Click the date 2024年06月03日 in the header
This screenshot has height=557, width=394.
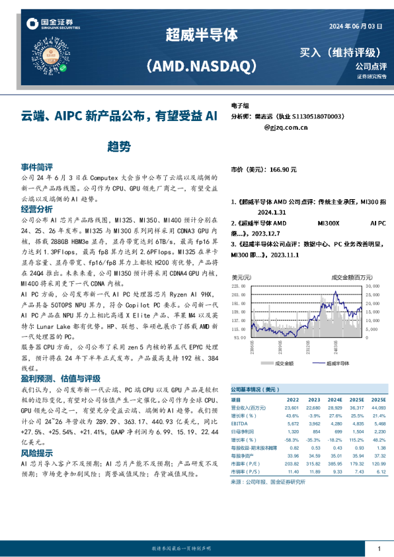tap(356, 26)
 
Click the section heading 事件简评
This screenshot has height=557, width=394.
tap(37, 167)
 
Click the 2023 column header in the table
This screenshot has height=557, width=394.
tap(314, 400)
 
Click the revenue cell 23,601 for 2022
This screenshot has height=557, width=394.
tap(292, 407)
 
